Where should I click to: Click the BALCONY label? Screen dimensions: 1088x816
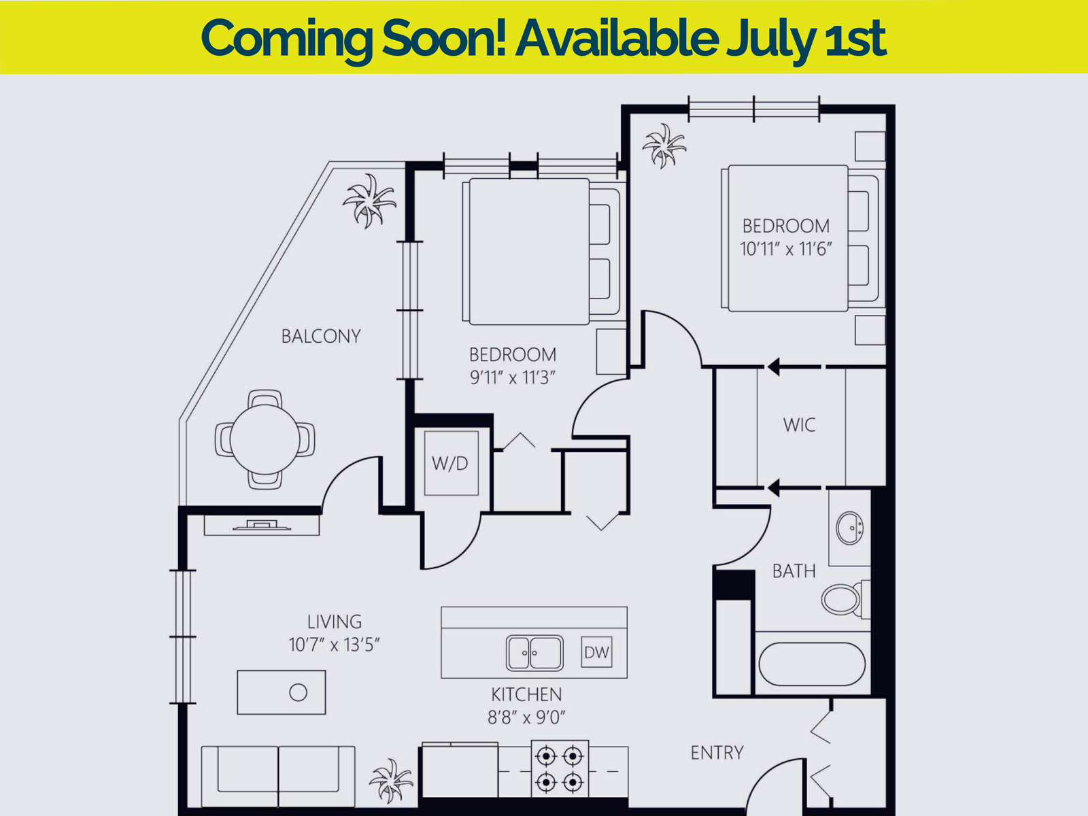click(x=321, y=337)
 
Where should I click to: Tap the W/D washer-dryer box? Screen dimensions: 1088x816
click(x=451, y=463)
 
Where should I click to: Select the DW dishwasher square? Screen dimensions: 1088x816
click(x=596, y=652)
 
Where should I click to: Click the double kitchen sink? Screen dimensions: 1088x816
click(x=534, y=653)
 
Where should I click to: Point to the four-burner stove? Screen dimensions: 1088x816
click(x=560, y=769)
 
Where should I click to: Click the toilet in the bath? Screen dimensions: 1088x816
click(x=846, y=599)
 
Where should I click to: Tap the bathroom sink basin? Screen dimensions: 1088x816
click(x=849, y=528)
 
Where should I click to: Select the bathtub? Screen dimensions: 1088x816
click(x=812, y=664)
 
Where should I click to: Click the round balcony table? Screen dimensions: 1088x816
click(x=265, y=439)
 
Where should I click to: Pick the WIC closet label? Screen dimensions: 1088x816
click(x=799, y=424)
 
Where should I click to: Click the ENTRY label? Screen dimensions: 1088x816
click(x=717, y=753)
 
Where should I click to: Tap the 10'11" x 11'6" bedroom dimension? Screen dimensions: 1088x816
click(x=785, y=249)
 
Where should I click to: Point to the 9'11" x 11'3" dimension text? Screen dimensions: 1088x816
click(x=513, y=377)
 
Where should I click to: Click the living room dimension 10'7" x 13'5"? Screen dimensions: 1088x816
click(x=334, y=645)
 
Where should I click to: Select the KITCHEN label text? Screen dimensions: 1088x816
click(x=526, y=694)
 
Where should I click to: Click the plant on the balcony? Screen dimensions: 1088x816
click(x=369, y=200)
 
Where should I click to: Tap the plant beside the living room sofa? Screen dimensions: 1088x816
click(x=391, y=781)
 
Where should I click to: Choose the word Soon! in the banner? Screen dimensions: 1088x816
click(x=444, y=37)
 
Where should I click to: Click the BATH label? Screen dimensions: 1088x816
click(x=794, y=571)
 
